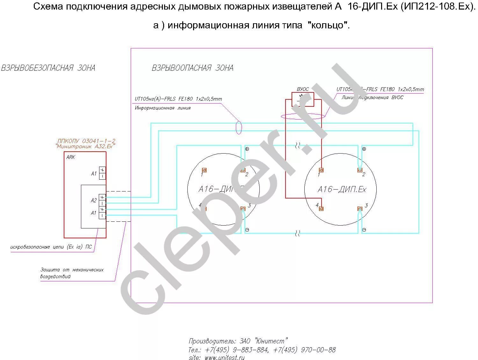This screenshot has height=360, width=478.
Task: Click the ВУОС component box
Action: click(303, 99)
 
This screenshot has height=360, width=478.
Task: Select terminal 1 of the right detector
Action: click(321, 170)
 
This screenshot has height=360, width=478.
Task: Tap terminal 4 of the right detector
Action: click(321, 209)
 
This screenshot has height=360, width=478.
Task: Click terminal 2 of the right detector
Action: click(360, 170)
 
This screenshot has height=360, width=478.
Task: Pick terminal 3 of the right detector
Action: click(360, 209)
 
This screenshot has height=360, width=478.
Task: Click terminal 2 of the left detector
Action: click(243, 170)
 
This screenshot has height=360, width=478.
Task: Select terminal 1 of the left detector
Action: click(204, 170)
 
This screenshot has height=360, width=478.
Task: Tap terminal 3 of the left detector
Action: click(243, 209)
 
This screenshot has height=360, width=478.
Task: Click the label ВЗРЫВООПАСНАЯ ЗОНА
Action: click(192, 68)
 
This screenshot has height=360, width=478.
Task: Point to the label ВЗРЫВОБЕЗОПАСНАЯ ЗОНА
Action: click(48, 68)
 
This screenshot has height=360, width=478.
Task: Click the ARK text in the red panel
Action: click(70, 157)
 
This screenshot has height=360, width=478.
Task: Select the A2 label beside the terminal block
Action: click(94, 200)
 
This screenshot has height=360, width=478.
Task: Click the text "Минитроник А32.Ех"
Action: click(85, 146)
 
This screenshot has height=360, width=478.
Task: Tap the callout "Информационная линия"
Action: click(163, 108)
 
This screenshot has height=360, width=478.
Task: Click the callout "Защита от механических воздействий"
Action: click(72, 273)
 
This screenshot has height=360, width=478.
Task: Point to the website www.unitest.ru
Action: click(224, 357)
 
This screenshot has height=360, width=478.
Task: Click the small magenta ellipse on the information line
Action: click(239, 127)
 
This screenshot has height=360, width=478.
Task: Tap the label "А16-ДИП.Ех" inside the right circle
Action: click(342, 190)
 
